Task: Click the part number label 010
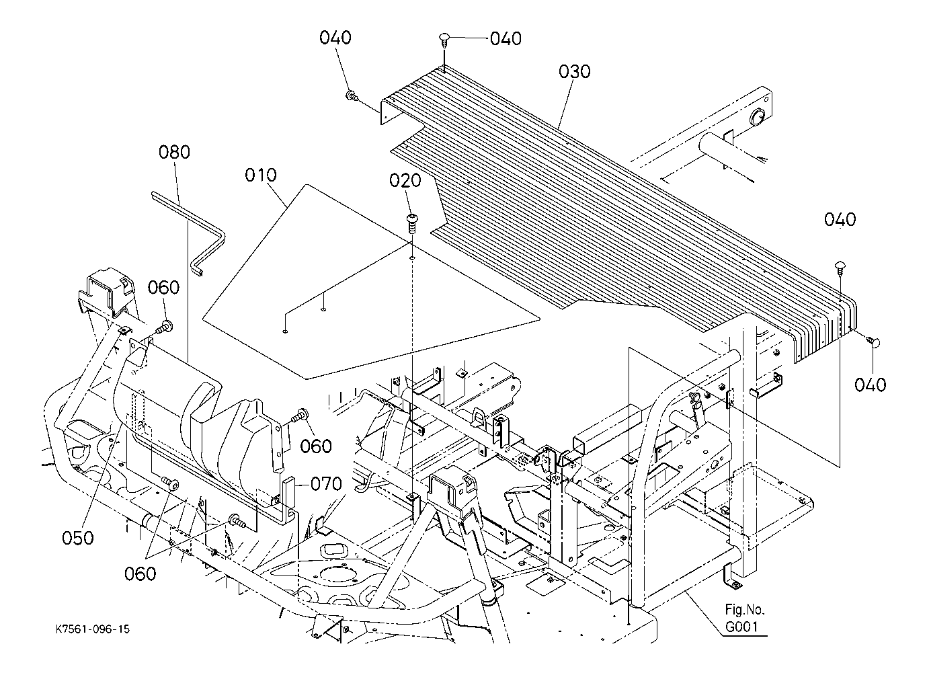(260, 175)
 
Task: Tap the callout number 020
(406, 180)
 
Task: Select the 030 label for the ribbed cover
(574, 71)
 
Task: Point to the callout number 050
(77, 538)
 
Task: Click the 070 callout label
(325, 484)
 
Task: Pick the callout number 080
(174, 152)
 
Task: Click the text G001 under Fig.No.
(741, 627)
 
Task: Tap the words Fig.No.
(744, 610)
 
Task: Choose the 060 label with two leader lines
(140, 573)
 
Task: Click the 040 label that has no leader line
(840, 219)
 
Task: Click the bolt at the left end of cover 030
(351, 97)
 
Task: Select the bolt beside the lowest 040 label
(873, 342)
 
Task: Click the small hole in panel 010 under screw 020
(411, 256)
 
